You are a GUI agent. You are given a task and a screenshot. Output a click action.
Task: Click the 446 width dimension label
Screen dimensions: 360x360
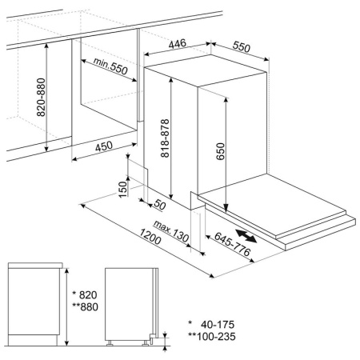tap(178, 43)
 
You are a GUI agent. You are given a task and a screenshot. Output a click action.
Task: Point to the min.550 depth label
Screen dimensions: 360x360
tap(110, 66)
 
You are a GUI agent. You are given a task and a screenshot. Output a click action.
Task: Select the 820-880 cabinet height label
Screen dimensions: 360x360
tap(41, 97)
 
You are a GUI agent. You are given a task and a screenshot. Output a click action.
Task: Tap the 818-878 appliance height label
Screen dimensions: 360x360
tap(165, 138)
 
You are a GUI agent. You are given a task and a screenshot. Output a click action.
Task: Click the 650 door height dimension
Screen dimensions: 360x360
tap(221, 151)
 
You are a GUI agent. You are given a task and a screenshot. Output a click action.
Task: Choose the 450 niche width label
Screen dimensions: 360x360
tap(104, 146)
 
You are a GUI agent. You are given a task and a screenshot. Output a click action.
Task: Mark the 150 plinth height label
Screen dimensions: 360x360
tap(122, 190)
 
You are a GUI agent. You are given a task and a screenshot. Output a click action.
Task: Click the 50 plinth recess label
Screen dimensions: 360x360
tap(159, 205)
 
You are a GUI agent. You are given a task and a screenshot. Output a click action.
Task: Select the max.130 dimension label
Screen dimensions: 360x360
tap(171, 231)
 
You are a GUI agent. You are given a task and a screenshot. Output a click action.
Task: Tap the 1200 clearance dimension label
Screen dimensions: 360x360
tap(150, 237)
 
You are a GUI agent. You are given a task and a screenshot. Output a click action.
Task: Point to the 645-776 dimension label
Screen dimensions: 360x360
tap(233, 244)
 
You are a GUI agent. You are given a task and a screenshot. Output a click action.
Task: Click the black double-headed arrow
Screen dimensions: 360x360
tap(246, 236)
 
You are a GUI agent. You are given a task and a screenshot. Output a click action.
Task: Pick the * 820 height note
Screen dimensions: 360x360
tap(85, 295)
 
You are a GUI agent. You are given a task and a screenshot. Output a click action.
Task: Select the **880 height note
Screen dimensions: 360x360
tap(86, 307)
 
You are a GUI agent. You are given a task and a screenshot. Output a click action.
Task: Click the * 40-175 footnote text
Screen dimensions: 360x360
tap(211, 325)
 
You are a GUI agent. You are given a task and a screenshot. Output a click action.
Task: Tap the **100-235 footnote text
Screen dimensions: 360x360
tap(212, 337)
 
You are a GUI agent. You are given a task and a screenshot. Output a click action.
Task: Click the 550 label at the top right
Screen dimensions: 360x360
tap(242, 46)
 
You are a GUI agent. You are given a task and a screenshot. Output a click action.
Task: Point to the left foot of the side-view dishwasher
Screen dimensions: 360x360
tap(110, 343)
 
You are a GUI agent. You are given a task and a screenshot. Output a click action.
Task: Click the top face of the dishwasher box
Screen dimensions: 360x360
tap(206, 70)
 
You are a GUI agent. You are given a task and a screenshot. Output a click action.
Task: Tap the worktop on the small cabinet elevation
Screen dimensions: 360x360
tap(35, 266)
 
